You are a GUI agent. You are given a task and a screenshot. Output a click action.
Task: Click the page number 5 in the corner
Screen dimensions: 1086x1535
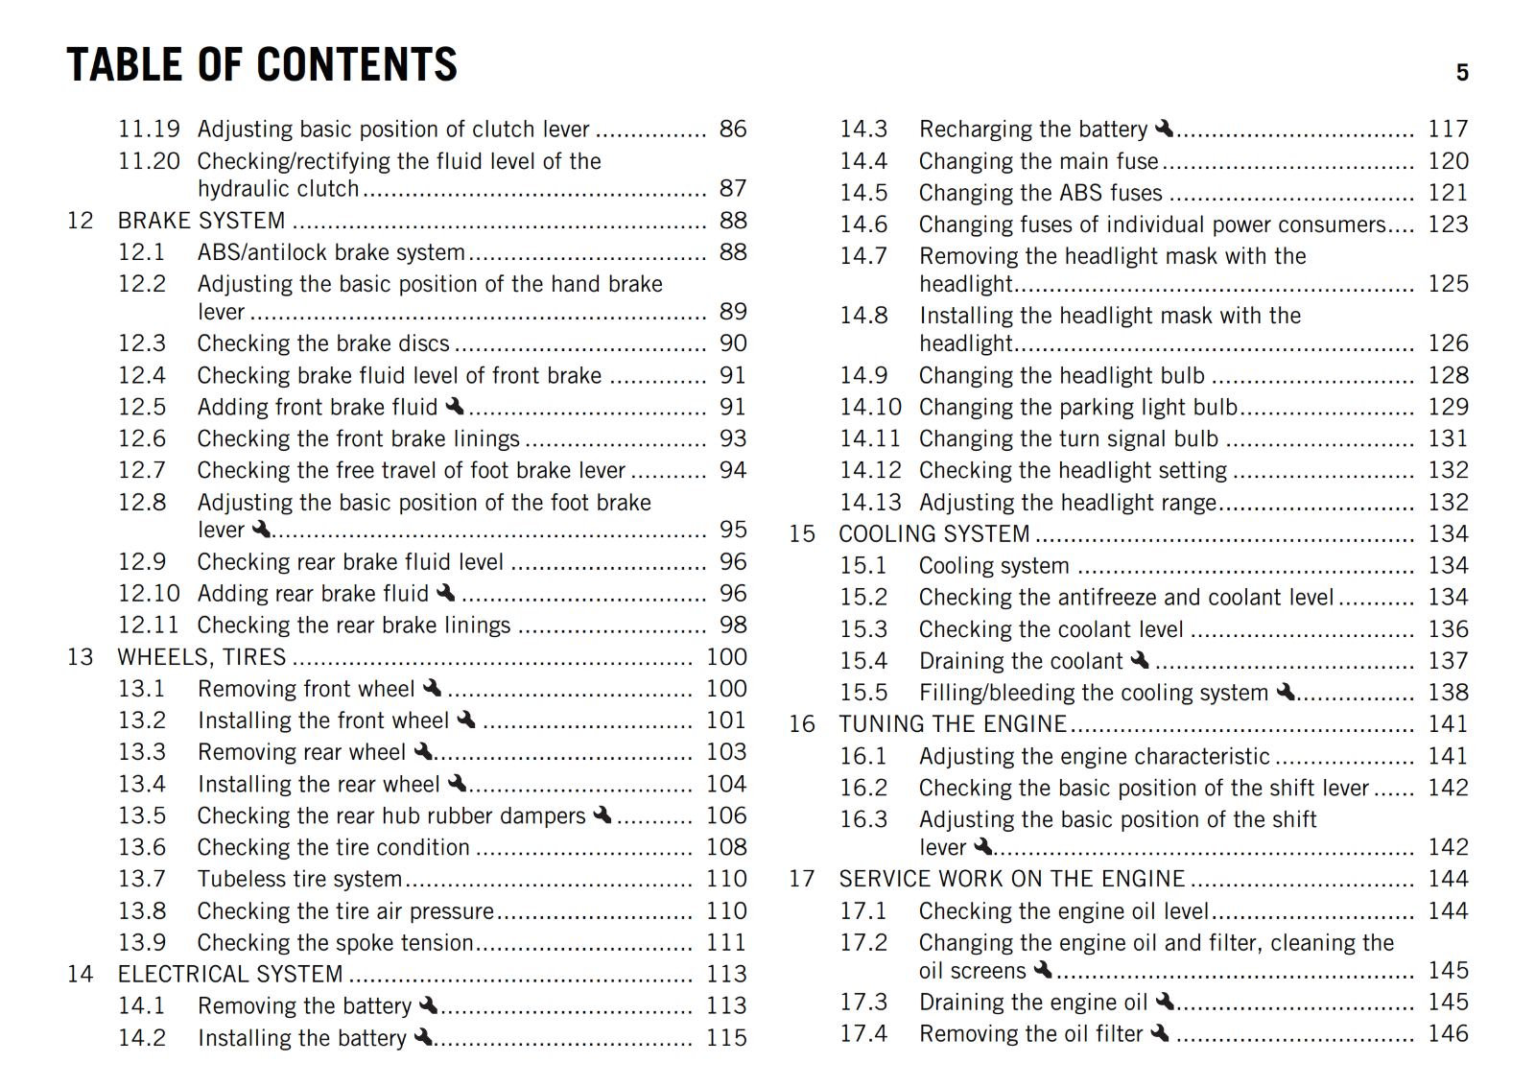click(1462, 73)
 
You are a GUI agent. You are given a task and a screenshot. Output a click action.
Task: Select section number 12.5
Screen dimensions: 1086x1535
click(142, 407)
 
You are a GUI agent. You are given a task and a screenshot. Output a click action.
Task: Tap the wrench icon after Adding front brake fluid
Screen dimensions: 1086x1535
click(456, 406)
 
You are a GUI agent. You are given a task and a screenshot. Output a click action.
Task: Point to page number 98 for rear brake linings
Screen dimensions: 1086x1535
click(733, 625)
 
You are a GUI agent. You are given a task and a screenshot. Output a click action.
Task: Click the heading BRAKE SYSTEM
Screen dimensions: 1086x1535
click(201, 221)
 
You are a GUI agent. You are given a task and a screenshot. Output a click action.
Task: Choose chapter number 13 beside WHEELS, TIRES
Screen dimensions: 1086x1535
click(81, 657)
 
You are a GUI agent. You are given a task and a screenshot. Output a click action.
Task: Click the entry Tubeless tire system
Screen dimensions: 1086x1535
click(299, 879)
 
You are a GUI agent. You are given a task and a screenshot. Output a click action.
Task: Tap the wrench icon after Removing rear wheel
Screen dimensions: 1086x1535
click(423, 751)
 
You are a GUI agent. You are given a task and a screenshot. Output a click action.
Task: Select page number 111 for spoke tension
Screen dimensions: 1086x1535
click(726, 942)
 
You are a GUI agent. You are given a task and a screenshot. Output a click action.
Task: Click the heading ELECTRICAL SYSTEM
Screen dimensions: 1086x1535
click(230, 974)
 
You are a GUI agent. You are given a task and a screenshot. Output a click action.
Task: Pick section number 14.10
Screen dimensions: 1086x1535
click(871, 407)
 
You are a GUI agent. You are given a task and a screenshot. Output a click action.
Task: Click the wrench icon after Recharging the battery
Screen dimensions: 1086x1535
click(1165, 128)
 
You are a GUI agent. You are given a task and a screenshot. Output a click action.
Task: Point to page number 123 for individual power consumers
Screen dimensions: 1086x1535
click(1448, 224)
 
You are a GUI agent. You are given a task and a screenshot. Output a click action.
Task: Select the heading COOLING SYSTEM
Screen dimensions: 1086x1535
click(933, 533)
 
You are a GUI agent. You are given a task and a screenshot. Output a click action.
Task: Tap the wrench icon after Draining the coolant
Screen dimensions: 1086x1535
click(1140, 660)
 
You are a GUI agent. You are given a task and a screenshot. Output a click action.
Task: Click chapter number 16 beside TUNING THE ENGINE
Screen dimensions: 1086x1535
click(802, 724)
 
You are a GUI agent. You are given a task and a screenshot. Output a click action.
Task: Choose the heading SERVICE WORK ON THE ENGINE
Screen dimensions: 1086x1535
click(1011, 879)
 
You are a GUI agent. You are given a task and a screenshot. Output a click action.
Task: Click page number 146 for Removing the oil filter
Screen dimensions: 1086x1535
click(1448, 1033)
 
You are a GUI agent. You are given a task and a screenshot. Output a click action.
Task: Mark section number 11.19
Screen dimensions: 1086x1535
click(149, 129)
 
